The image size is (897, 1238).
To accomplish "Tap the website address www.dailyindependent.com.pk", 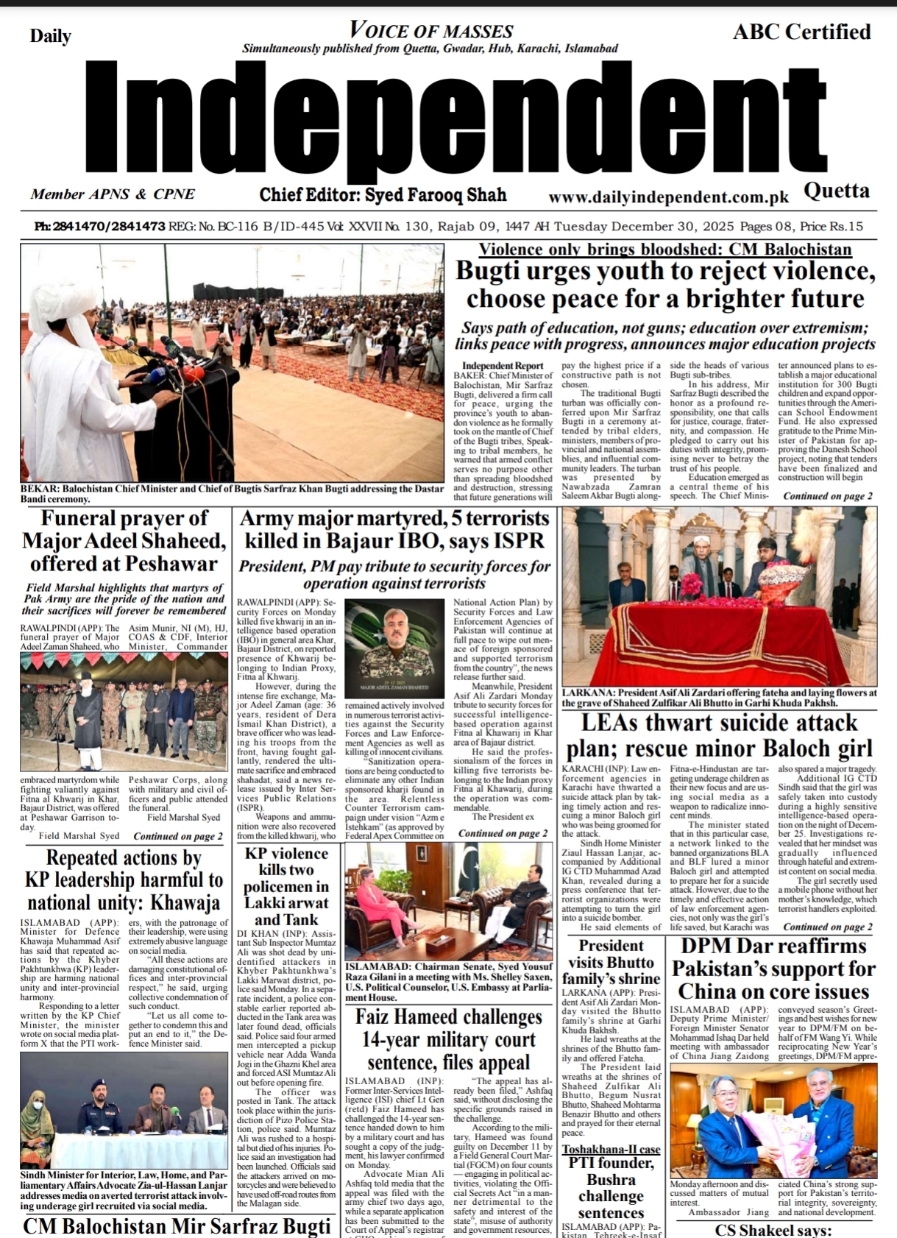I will click(x=668, y=197).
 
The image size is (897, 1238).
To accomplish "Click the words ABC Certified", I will click(x=801, y=32).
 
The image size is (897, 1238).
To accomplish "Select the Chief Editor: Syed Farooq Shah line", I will click(x=383, y=195).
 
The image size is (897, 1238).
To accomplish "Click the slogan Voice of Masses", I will click(x=431, y=31).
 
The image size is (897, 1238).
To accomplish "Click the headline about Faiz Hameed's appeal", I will click(x=449, y=1039).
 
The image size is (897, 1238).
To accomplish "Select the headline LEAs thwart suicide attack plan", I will click(x=719, y=735).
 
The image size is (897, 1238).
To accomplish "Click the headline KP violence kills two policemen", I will click(x=286, y=886).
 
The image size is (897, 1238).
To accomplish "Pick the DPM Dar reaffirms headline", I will click(x=773, y=969).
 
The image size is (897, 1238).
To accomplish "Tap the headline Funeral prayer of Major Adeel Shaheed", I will click(x=124, y=541).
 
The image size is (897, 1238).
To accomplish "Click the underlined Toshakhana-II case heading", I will click(x=611, y=1150).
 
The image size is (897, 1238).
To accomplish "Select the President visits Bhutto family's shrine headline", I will click(x=611, y=962).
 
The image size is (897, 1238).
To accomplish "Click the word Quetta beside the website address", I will click(x=836, y=191).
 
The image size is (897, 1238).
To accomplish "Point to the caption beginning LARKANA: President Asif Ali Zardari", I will click(x=719, y=698).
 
